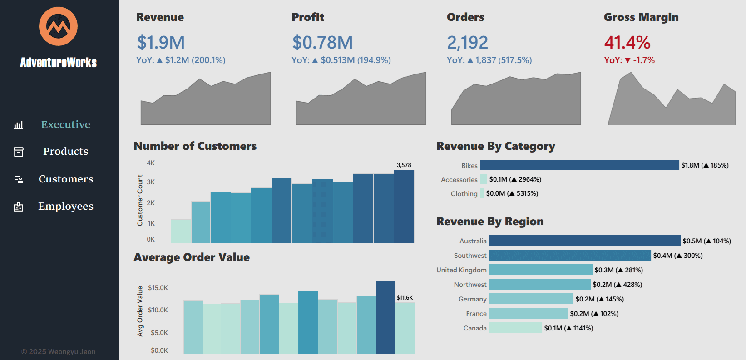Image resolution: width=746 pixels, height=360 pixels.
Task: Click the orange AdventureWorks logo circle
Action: pyautogui.click(x=58, y=26)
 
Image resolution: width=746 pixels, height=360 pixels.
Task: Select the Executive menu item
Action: pyautogui.click(x=65, y=124)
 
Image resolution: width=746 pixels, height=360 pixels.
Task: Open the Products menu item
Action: pyautogui.click(x=65, y=151)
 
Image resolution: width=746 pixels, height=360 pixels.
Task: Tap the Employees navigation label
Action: pyautogui.click(x=65, y=206)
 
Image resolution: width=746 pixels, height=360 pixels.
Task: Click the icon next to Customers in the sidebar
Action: pyautogui.click(x=19, y=179)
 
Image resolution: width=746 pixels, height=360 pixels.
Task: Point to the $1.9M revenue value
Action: pyautogui.click(x=161, y=43)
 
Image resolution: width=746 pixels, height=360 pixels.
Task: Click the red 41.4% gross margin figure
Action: pyautogui.click(x=627, y=43)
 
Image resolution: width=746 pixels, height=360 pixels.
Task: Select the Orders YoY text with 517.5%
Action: pyautogui.click(x=489, y=60)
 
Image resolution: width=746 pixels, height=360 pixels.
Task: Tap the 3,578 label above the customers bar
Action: pyautogui.click(x=404, y=165)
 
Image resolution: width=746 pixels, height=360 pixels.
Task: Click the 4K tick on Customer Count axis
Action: pyautogui.click(x=151, y=163)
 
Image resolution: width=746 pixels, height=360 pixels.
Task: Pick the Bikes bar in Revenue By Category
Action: pyautogui.click(x=579, y=165)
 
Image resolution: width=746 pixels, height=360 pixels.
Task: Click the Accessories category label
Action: pyautogui.click(x=459, y=180)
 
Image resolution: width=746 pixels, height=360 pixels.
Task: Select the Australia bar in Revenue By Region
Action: pyautogui.click(x=584, y=241)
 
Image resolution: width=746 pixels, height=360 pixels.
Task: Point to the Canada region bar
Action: pyautogui.click(x=515, y=328)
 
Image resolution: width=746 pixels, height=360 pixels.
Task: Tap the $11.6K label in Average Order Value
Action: pyautogui.click(x=405, y=298)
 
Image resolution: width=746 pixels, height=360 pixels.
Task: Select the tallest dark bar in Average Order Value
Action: pyautogui.click(x=385, y=317)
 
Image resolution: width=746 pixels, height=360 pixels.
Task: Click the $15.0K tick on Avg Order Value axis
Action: pyautogui.click(x=158, y=288)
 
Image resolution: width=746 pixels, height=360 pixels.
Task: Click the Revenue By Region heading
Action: pyautogui.click(x=490, y=222)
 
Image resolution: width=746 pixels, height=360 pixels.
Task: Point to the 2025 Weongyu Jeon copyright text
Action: pyautogui.click(x=59, y=352)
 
